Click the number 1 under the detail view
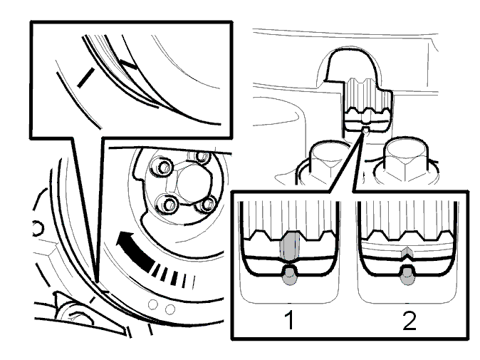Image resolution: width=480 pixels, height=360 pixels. [x=289, y=319]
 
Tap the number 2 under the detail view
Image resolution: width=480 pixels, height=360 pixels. [x=409, y=320]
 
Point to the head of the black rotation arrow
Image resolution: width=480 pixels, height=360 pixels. [x=125, y=239]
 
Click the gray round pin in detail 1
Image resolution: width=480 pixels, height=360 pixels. [x=289, y=275]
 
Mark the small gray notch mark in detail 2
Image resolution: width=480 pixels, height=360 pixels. [x=407, y=253]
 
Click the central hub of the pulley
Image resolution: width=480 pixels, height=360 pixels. [x=189, y=184]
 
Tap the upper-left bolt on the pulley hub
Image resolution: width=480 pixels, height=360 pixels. [x=163, y=167]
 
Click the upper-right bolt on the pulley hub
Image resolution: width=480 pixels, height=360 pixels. [x=202, y=157]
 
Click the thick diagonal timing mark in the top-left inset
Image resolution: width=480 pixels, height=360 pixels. [x=85, y=78]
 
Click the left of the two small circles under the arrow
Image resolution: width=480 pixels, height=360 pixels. [x=152, y=305]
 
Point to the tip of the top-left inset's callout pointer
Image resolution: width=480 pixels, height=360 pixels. [x=97, y=281]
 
